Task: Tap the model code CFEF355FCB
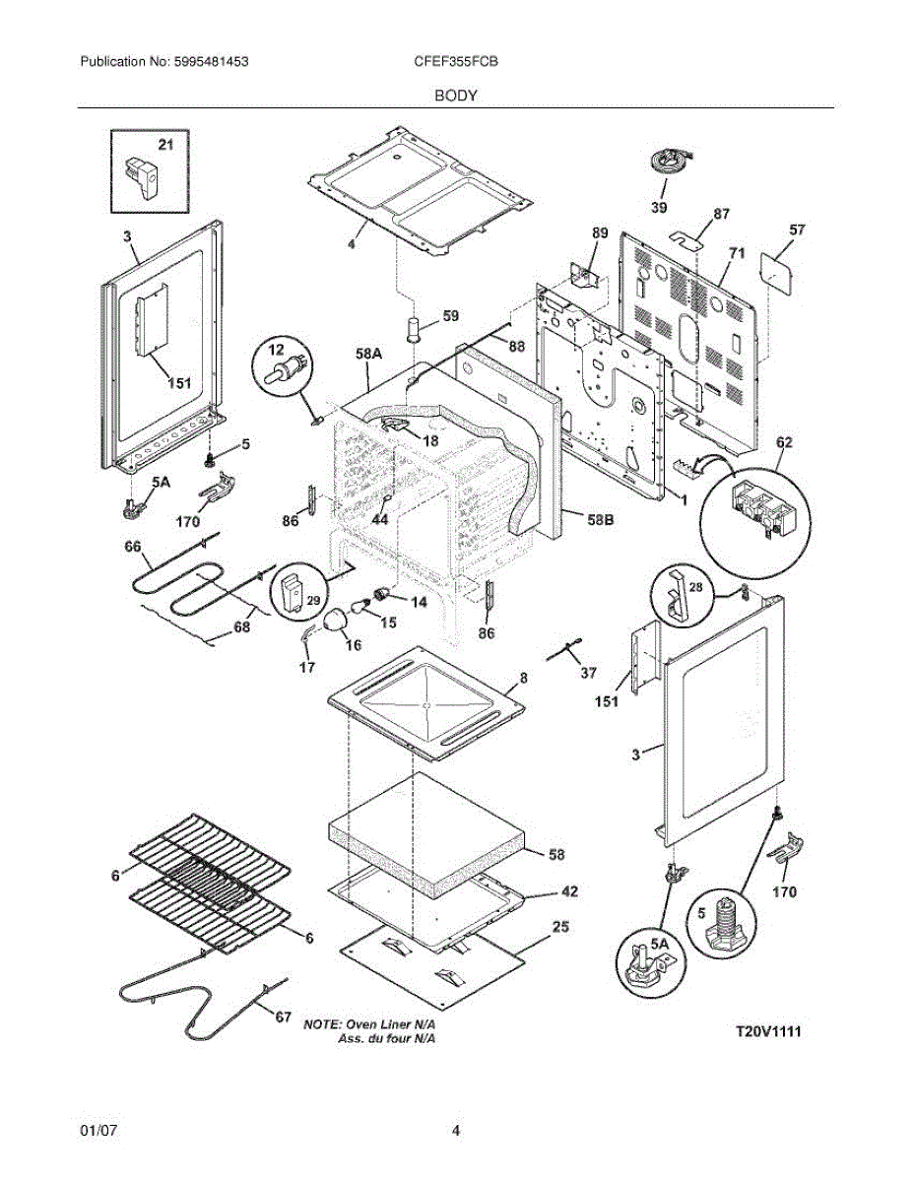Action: (x=456, y=61)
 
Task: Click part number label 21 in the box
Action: (x=165, y=145)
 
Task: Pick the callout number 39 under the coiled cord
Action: (x=659, y=208)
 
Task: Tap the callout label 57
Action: (x=797, y=230)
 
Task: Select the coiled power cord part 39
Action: (x=670, y=160)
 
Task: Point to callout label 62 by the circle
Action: (x=784, y=443)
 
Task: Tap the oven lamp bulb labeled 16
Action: (x=338, y=620)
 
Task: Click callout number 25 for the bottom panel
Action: (x=560, y=927)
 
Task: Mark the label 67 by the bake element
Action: (x=283, y=1017)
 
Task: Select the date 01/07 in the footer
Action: (x=98, y=1132)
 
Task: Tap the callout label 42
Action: (x=568, y=891)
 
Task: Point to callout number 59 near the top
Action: (x=450, y=316)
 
